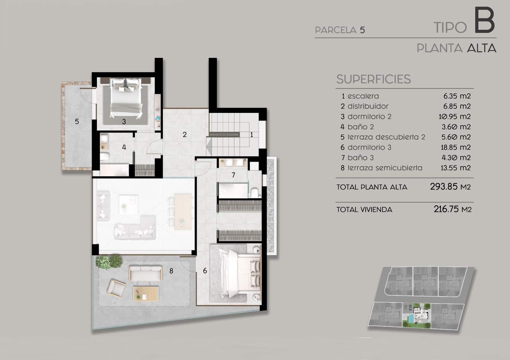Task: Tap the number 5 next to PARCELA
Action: pyautogui.click(x=362, y=30)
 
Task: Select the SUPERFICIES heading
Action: pyautogui.click(x=373, y=79)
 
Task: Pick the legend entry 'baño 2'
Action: pyautogui.click(x=361, y=127)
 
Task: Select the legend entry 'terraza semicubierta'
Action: pyautogui.click(x=385, y=168)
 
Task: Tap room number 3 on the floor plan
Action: pyautogui.click(x=124, y=121)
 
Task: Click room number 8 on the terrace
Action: pyautogui.click(x=171, y=271)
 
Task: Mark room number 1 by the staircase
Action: pyautogui.click(x=251, y=135)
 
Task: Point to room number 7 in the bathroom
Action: pyautogui.click(x=233, y=175)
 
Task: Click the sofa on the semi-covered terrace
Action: pyautogui.click(x=145, y=273)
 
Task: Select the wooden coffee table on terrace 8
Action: pyautogui.click(x=146, y=293)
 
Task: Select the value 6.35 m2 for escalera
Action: pyautogui.click(x=457, y=96)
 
